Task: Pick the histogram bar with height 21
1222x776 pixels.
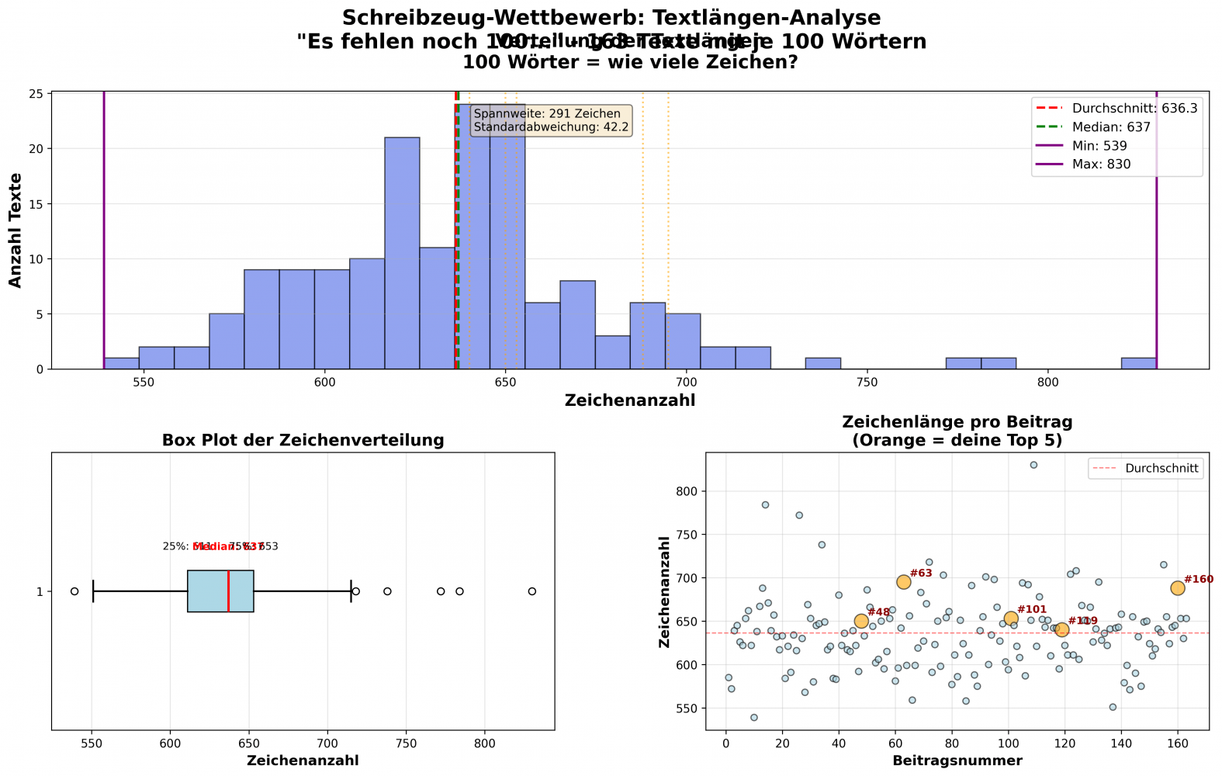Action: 402,253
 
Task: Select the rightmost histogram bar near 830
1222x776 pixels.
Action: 1138,363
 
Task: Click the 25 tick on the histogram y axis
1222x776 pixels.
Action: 36,94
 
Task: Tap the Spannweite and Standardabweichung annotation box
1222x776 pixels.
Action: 551,120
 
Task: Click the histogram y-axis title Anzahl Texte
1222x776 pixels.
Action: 16,230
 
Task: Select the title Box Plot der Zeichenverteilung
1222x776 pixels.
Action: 303,441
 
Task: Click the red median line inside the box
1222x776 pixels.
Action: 229,591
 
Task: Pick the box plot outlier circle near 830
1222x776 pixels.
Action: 532,591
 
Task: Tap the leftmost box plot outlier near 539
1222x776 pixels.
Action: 74,591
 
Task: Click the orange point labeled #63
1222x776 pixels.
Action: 903,582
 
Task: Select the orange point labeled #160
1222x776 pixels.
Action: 1178,588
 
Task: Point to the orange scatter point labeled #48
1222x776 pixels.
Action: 861,621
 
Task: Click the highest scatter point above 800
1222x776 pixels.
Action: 1033,465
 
